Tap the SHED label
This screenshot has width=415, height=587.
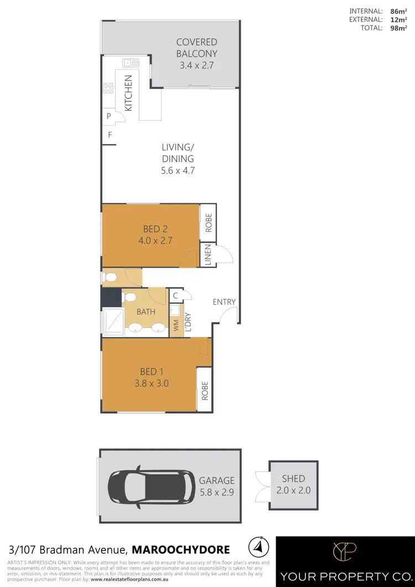(x=293, y=479)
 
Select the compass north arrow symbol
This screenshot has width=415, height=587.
(x=256, y=548)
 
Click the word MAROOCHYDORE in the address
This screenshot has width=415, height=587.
(x=181, y=550)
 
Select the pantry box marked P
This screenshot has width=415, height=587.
(x=109, y=117)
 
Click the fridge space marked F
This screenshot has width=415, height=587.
(x=110, y=135)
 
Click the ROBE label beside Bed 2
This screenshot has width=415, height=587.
(x=208, y=222)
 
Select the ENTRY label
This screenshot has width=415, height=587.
(x=225, y=302)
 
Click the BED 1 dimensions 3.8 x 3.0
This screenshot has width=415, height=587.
(x=149, y=382)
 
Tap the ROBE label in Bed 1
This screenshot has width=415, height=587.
(x=205, y=391)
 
